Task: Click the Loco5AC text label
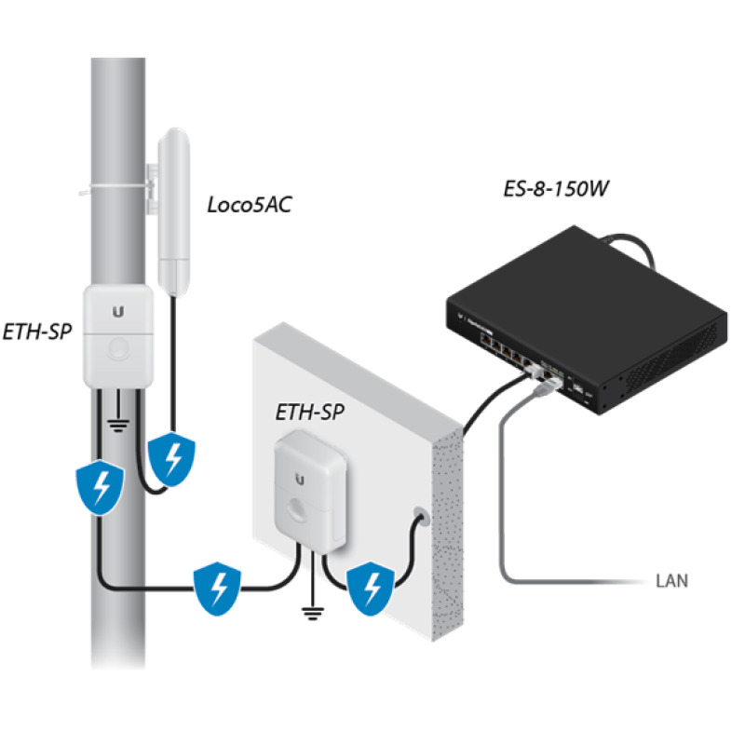(x=249, y=204)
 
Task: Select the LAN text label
(x=670, y=583)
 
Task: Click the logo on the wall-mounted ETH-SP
(x=300, y=479)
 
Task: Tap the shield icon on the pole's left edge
(x=98, y=488)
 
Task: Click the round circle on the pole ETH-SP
(x=118, y=349)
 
